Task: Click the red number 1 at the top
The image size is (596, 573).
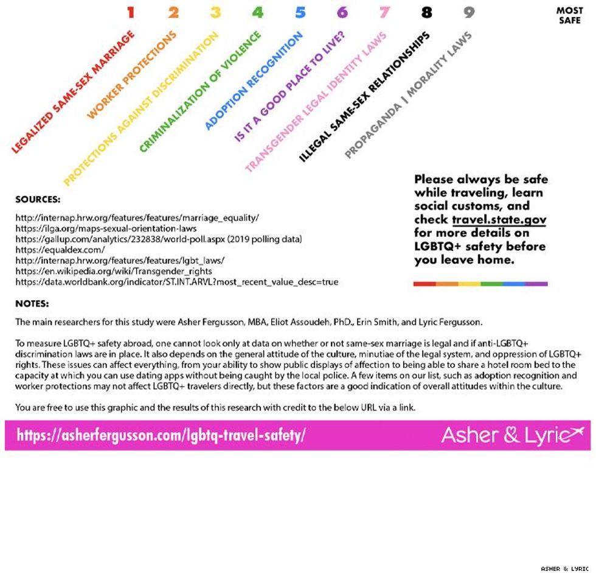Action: click(x=131, y=12)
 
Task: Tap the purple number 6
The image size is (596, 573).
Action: click(x=342, y=12)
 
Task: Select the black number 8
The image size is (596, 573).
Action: click(x=426, y=12)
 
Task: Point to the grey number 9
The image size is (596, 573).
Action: click(x=468, y=12)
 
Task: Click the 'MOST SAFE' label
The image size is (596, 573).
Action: click(x=569, y=15)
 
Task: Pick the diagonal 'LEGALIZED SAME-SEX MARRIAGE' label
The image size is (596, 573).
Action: click(x=73, y=92)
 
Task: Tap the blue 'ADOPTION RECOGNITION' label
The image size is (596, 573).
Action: click(x=254, y=81)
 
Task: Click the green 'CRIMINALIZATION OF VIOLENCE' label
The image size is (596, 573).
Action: click(x=200, y=91)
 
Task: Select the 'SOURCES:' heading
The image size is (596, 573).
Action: click(x=38, y=199)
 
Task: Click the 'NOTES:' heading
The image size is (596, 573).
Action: click(x=32, y=304)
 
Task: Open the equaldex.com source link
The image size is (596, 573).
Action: click(x=60, y=250)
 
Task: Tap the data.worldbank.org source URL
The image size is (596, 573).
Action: click(x=176, y=282)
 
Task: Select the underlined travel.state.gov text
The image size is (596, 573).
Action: click(x=499, y=219)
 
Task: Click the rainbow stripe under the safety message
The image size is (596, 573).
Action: click(x=480, y=284)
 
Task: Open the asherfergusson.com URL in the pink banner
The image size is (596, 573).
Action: click(x=161, y=435)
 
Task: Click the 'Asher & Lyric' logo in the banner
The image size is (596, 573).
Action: click(x=511, y=435)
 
